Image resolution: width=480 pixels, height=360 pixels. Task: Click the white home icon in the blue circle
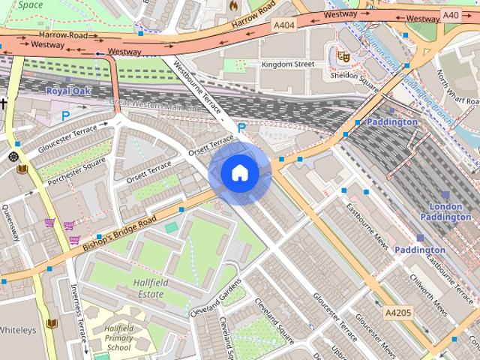(x=239, y=172)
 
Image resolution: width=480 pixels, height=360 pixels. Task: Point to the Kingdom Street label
(x=287, y=64)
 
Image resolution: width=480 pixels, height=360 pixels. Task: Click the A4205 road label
(x=398, y=312)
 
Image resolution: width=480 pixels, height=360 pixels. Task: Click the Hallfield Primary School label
(x=118, y=338)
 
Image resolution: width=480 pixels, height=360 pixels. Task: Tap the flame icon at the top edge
(x=233, y=5)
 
